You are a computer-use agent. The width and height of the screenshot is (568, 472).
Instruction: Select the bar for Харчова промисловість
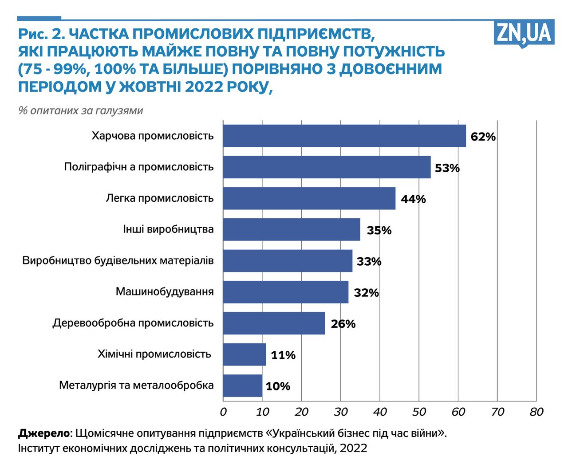click(x=344, y=136)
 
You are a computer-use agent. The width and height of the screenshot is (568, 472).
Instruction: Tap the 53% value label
click(x=447, y=168)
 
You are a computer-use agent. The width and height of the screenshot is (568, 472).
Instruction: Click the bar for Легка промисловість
click(x=309, y=198)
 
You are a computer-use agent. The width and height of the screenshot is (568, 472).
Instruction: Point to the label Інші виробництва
click(x=168, y=229)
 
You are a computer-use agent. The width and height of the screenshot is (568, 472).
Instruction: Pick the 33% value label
click(x=369, y=262)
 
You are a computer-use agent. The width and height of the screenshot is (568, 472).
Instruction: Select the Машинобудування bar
click(x=285, y=292)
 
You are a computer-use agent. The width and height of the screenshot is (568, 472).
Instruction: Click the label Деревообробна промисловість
click(x=133, y=323)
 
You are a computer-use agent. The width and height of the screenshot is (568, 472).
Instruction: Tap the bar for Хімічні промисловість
click(x=245, y=354)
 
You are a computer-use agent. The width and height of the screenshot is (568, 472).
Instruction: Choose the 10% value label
click(x=278, y=386)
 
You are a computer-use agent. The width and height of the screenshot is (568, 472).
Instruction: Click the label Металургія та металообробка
click(x=136, y=385)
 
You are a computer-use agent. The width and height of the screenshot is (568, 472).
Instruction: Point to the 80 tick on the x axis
click(x=536, y=412)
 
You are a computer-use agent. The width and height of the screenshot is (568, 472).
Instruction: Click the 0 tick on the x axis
click(x=223, y=412)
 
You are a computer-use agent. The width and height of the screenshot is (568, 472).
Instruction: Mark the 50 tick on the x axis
click(x=419, y=412)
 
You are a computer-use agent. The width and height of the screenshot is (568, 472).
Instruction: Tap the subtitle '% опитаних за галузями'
click(x=81, y=110)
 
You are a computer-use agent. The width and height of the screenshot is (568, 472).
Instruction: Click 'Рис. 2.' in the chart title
click(x=42, y=34)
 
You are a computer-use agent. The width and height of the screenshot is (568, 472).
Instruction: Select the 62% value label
click(x=483, y=137)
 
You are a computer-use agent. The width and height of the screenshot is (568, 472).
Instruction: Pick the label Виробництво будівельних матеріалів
click(x=118, y=260)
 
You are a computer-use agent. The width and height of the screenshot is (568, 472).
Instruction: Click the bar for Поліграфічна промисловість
click(x=327, y=167)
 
